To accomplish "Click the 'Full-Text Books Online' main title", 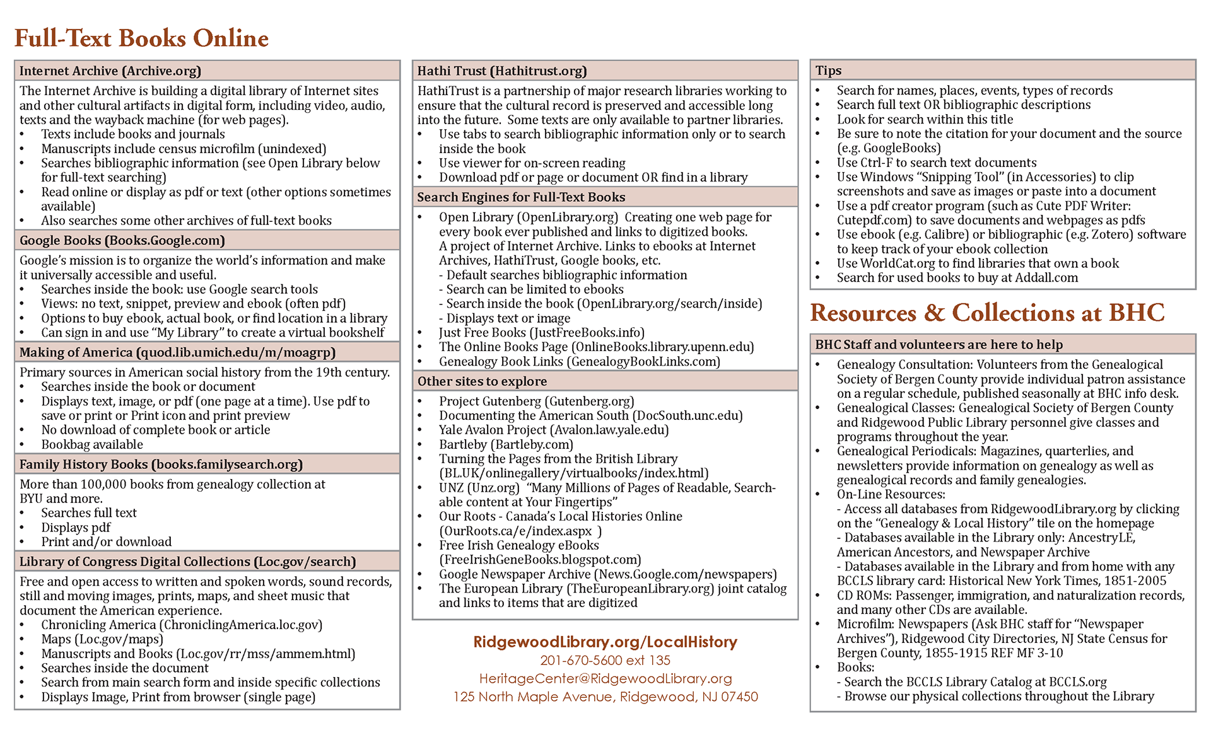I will click(x=141, y=38).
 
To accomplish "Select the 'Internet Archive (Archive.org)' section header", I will click(x=110, y=71).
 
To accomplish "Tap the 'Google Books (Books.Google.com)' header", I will click(x=122, y=240).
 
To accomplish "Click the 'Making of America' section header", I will click(x=177, y=352).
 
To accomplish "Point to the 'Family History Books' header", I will click(x=161, y=465).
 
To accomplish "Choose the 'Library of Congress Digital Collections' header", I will click(x=187, y=562).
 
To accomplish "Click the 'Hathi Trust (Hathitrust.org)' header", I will click(x=502, y=71).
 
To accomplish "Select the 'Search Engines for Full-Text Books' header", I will click(x=521, y=197).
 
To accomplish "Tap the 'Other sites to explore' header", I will click(x=482, y=381).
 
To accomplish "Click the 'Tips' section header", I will click(x=828, y=71).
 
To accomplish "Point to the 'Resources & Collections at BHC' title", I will click(x=987, y=313).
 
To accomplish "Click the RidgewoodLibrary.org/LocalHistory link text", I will click(x=605, y=642).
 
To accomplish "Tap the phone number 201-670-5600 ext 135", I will click(x=605, y=661).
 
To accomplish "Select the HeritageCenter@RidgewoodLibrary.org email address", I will click(x=605, y=678).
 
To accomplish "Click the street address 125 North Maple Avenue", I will click(x=605, y=697).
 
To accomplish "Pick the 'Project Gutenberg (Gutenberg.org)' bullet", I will click(x=536, y=402).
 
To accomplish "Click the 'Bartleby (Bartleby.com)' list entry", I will click(x=506, y=444).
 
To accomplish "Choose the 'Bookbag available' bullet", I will click(x=92, y=444).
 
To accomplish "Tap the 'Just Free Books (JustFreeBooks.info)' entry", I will click(x=541, y=333).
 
